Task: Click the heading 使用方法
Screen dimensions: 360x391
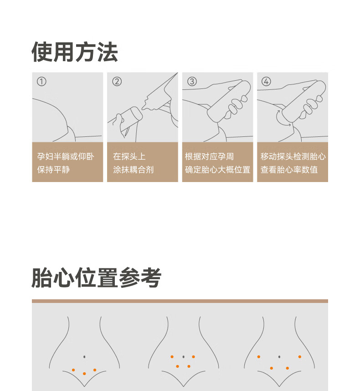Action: point(74,52)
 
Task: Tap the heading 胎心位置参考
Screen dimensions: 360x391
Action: point(97,277)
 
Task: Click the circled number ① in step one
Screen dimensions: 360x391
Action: point(41,82)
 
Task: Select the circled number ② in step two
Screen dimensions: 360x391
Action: point(117,82)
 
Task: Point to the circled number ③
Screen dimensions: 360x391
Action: point(192,82)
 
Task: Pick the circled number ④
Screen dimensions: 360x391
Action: point(266,82)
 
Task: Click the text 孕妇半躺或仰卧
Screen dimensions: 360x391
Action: point(66,156)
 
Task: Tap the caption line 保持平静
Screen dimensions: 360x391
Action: point(53,170)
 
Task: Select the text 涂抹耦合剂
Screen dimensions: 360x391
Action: point(133,170)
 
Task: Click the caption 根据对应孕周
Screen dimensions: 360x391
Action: point(209,156)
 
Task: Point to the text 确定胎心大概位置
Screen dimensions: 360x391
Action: point(217,170)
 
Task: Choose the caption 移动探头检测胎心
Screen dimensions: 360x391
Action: point(293,156)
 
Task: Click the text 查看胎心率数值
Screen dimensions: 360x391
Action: point(289,170)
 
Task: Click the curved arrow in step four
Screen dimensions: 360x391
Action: point(282,119)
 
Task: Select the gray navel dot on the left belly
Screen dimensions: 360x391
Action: point(84,357)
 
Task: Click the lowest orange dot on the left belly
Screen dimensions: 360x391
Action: point(84,374)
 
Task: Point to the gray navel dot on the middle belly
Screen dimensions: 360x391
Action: point(184,357)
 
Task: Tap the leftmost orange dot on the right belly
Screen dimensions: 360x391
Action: point(259,357)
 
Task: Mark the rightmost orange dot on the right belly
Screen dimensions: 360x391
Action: point(300,357)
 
